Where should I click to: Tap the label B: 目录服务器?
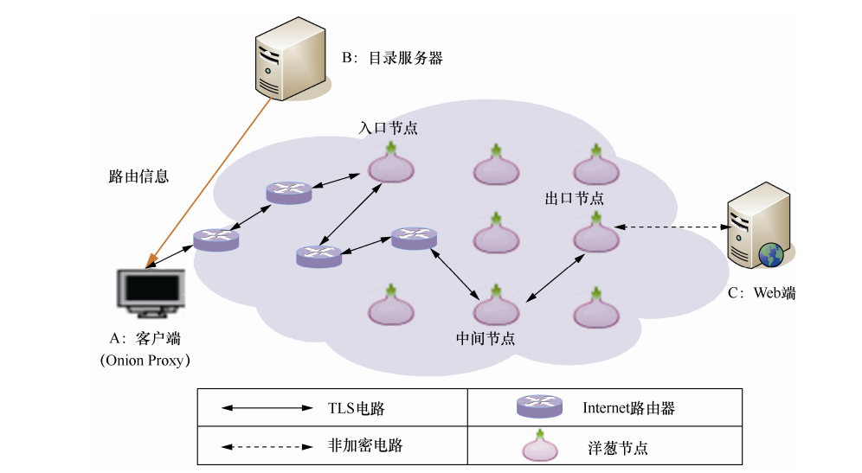(392, 58)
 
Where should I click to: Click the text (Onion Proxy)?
(145, 360)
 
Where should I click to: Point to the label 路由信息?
(138, 176)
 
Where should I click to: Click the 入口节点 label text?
(389, 128)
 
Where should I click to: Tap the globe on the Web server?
(770, 254)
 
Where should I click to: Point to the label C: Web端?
(761, 293)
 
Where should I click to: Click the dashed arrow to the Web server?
(670, 227)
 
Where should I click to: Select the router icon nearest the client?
(215, 239)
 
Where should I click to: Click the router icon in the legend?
(539, 407)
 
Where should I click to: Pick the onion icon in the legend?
(542, 445)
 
